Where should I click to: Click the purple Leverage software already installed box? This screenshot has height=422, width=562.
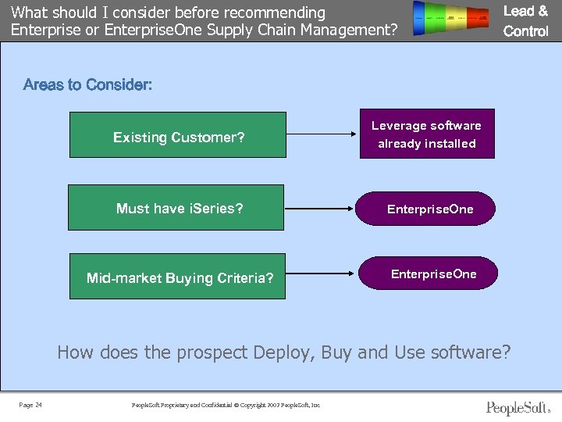tap(427, 134)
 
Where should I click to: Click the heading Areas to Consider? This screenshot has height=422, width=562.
tap(88, 84)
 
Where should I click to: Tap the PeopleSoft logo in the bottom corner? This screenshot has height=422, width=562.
tap(518, 407)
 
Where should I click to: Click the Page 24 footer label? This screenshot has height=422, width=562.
tap(30, 405)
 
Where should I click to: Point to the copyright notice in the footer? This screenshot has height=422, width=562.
tap(226, 405)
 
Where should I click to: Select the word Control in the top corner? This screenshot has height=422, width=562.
tap(526, 31)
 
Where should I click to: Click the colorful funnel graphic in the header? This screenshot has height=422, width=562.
tap(455, 17)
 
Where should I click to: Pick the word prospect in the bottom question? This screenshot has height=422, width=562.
tap(212, 352)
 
